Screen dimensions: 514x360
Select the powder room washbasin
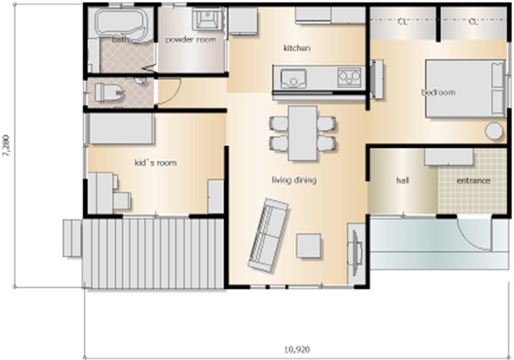[207, 19]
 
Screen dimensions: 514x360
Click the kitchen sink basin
[294, 78]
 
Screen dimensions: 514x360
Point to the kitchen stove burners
[349, 78]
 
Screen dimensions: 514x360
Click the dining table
[303, 133]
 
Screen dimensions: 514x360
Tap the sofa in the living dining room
[269, 235]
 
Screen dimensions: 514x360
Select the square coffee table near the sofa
[308, 246]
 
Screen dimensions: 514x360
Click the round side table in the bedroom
[494, 131]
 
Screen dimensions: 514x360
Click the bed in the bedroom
[465, 89]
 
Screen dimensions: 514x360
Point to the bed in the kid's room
[120, 128]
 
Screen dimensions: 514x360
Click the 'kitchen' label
[297, 48]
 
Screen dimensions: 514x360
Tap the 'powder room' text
[190, 40]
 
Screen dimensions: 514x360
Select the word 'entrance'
[474, 181]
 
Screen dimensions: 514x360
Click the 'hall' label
[402, 181]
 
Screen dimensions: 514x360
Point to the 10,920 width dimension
[297, 350]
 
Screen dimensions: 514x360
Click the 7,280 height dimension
[6, 145]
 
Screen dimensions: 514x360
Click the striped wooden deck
[153, 253]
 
